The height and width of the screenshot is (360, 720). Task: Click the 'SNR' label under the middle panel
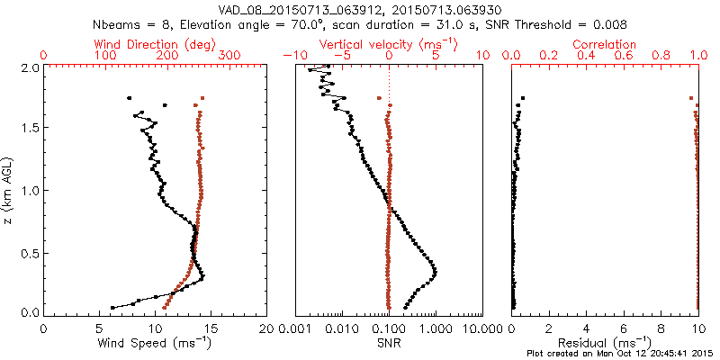(x=389, y=343)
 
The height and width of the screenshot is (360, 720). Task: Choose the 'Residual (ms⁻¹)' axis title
(x=606, y=343)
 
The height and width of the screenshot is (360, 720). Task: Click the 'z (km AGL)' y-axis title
(x=8, y=190)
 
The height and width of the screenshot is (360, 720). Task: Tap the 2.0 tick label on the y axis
(x=29, y=67)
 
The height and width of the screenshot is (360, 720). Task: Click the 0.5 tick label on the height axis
(x=29, y=252)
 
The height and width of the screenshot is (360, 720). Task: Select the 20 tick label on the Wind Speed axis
(x=266, y=328)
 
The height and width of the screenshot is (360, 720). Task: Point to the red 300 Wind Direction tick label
(x=229, y=56)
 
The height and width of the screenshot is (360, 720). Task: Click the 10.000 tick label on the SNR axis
(x=482, y=328)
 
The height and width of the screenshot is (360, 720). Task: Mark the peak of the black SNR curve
(x=436, y=271)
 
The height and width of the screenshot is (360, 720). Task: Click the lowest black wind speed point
(x=112, y=308)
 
